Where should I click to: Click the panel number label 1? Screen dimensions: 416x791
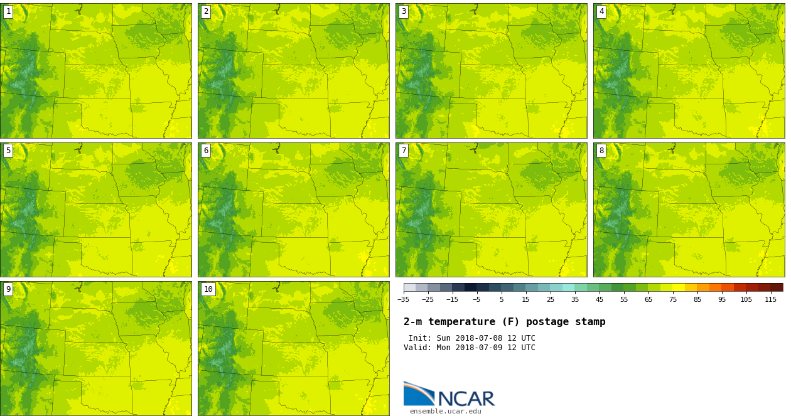pos(8,11)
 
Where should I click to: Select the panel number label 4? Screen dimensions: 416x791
pos(601,11)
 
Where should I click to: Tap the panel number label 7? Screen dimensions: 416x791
pos(404,151)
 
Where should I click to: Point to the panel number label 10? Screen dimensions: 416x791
pos(208,289)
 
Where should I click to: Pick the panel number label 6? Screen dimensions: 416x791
pos(206,151)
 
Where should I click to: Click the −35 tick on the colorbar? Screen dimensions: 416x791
pos(404,299)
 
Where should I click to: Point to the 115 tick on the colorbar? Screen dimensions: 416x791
pos(770,299)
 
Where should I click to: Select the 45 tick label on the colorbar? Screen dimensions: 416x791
pos(600,299)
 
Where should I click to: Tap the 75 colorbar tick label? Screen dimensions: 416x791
pos(673,299)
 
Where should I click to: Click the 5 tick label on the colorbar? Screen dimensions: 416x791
pos(502,299)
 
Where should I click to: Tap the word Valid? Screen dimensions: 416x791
pos(416,348)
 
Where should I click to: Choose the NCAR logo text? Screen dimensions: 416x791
pos(466,398)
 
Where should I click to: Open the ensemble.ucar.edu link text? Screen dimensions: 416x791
pos(445,412)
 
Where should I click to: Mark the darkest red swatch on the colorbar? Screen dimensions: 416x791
pos(777,287)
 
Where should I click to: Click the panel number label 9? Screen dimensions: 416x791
pos(8,289)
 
